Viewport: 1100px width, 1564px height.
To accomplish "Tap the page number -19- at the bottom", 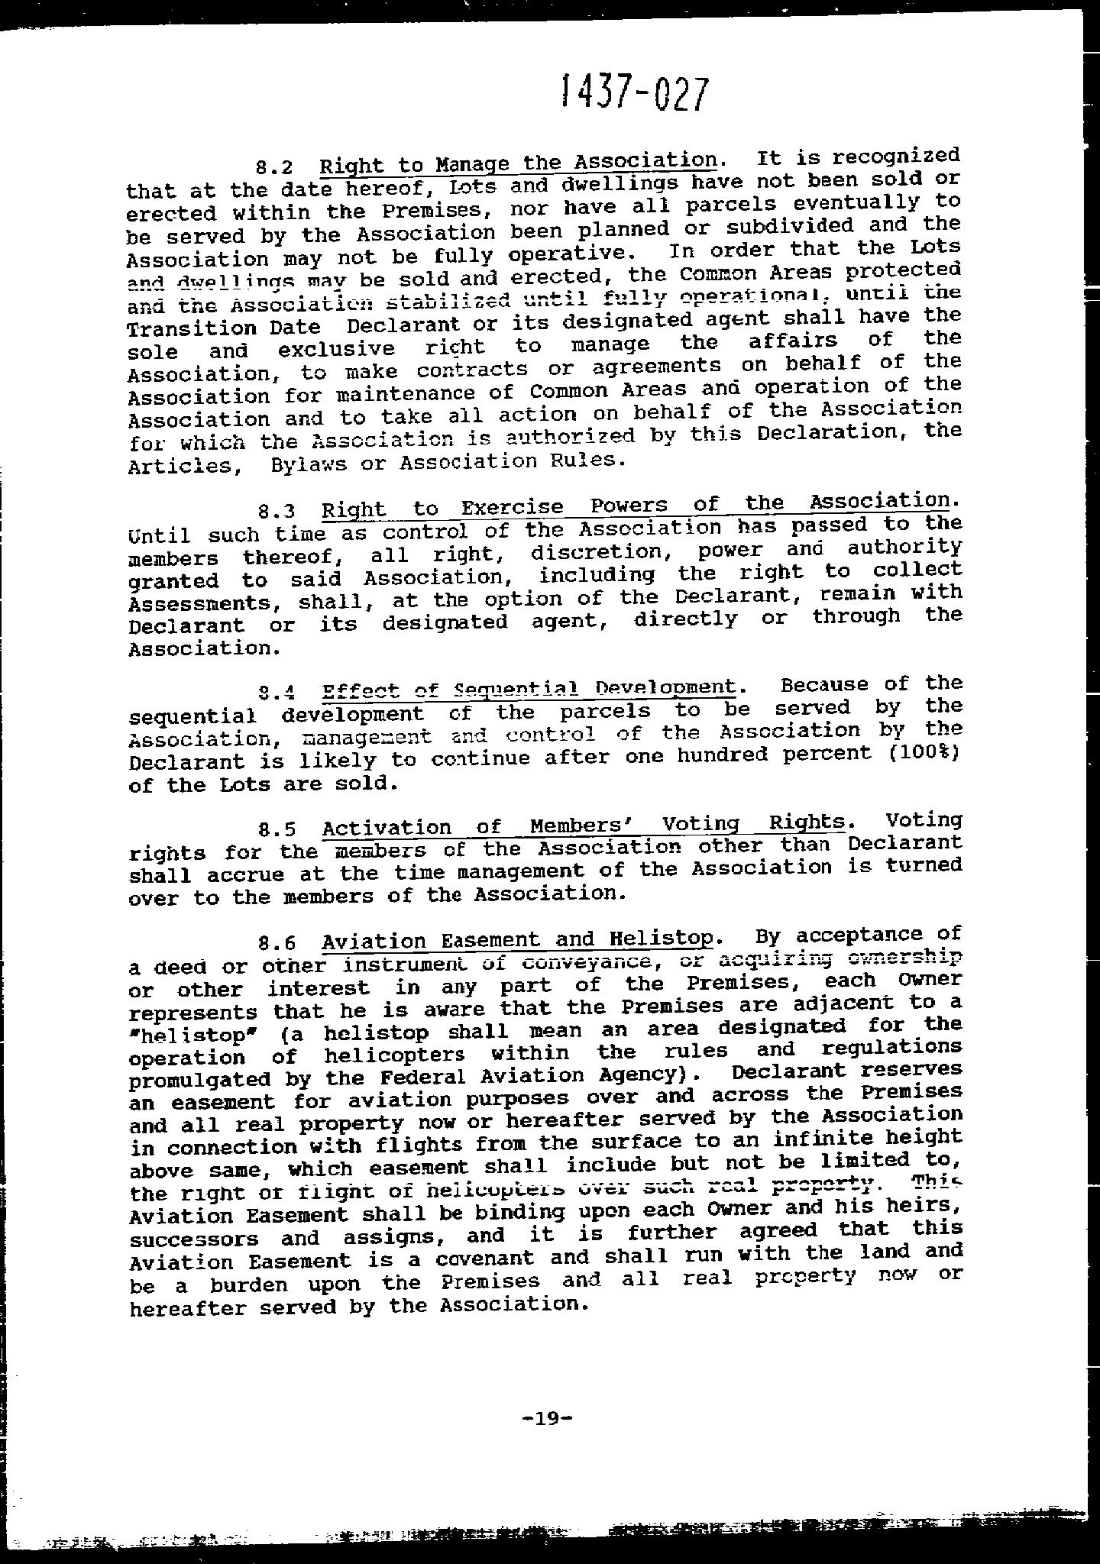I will pyautogui.click(x=546, y=1419).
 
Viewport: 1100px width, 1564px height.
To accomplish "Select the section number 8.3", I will pyautogui.click(x=277, y=511).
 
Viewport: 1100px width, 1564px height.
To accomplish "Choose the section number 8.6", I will pyautogui.click(x=277, y=944).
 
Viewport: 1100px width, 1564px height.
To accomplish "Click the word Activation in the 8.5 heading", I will pyautogui.click(x=387, y=828).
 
